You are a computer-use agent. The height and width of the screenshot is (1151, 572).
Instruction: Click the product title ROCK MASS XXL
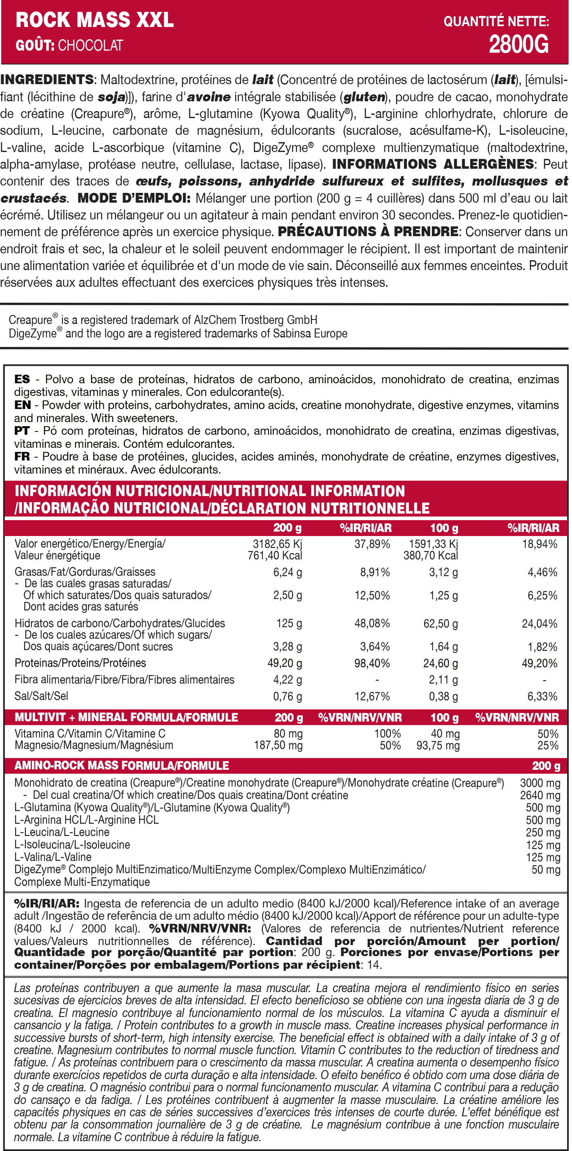pyautogui.click(x=95, y=20)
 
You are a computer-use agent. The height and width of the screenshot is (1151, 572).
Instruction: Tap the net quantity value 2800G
pyautogui.click(x=518, y=45)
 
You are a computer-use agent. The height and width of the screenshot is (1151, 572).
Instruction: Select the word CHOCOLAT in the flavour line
pyautogui.click(x=90, y=46)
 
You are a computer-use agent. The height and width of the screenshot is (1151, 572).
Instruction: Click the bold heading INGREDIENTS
pyautogui.click(x=47, y=80)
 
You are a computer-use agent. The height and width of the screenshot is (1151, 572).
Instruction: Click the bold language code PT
pyautogui.click(x=22, y=431)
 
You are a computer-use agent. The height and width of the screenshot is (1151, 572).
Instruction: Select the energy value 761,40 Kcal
pyautogui.click(x=275, y=555)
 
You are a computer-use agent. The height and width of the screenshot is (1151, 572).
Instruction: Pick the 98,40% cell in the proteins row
pyautogui.click(x=372, y=663)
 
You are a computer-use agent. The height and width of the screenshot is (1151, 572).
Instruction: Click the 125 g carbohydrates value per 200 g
pyautogui.click(x=289, y=624)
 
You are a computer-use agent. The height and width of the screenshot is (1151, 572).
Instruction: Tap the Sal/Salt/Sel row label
pyautogui.click(x=42, y=696)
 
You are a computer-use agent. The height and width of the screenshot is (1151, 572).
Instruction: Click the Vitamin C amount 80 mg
pyautogui.click(x=288, y=734)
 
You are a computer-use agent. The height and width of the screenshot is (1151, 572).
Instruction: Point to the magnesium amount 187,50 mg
pyautogui.click(x=278, y=745)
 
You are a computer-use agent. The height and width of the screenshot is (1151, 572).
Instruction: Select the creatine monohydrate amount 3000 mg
pyautogui.click(x=540, y=783)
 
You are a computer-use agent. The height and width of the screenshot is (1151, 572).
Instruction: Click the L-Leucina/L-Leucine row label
pyautogui.click(x=62, y=832)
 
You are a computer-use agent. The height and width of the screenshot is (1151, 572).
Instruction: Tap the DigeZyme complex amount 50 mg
pyautogui.click(x=545, y=869)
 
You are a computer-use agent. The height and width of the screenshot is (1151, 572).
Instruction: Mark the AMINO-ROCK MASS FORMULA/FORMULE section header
pyautogui.click(x=122, y=765)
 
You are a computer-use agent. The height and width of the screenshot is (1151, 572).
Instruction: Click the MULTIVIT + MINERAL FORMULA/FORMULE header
pyautogui.click(x=126, y=717)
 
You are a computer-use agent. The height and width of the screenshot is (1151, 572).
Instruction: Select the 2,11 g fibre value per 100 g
pyautogui.click(x=443, y=679)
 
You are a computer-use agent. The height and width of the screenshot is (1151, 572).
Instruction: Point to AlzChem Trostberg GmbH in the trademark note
pyautogui.click(x=255, y=320)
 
